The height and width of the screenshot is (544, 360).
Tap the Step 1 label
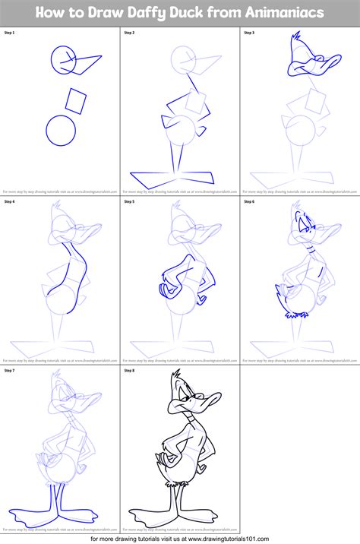[x=10, y=33]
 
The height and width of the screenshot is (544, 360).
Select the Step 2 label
[x=129, y=33]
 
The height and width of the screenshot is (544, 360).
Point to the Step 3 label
[x=249, y=33]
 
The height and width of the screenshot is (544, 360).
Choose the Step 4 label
[x=10, y=202]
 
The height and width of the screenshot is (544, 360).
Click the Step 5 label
[x=129, y=202]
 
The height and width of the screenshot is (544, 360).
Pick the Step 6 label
[x=249, y=202]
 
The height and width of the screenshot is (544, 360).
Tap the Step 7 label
[x=10, y=371]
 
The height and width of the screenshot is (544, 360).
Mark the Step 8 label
[x=129, y=371]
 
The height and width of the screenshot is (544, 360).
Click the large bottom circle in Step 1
[x=61, y=131]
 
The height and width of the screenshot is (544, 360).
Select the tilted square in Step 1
[x=77, y=100]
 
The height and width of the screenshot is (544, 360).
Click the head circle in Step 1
[x=65, y=58]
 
